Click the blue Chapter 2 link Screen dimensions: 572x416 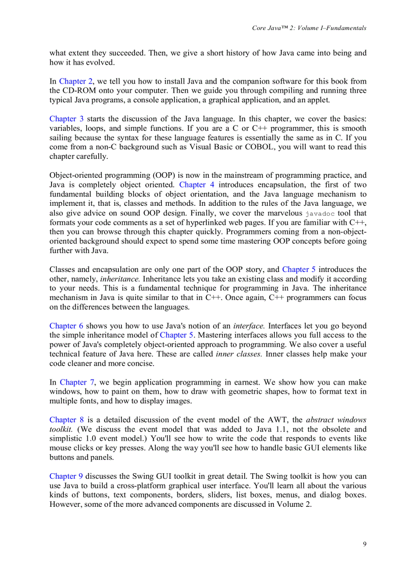click(76, 81)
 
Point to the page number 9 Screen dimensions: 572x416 click(364, 544)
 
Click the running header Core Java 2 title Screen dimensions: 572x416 click(309, 28)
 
